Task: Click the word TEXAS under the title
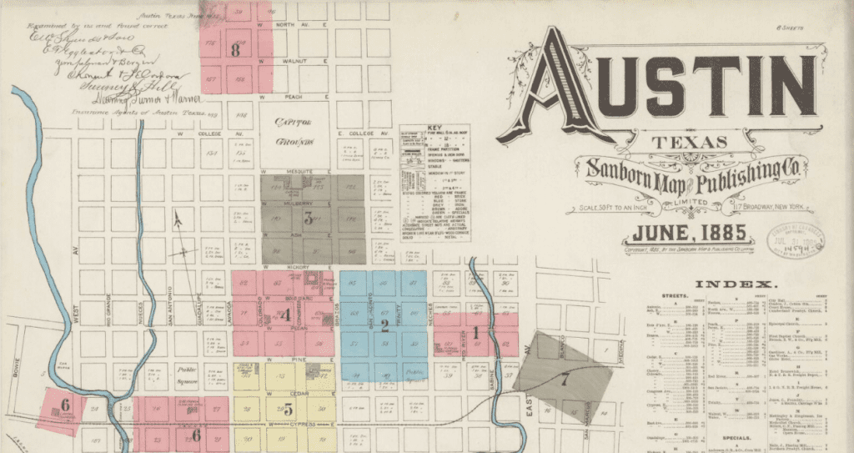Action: click(679, 142)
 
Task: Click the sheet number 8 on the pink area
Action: click(236, 50)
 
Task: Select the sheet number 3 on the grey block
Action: click(308, 219)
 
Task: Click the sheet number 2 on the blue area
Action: click(384, 325)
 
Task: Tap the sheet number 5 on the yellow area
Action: click(288, 409)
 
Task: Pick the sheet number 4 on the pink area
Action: click(286, 315)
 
